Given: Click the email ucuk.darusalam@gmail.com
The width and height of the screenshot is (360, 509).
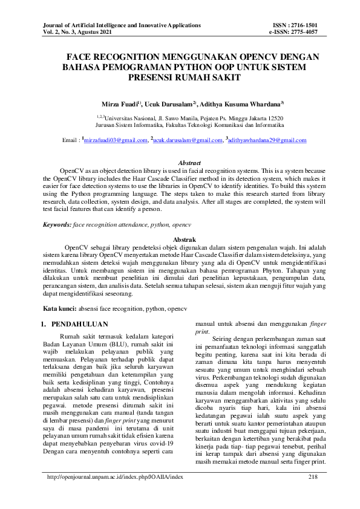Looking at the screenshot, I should tap(187, 140).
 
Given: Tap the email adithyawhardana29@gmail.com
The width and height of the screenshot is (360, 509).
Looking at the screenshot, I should tap(267, 140).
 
